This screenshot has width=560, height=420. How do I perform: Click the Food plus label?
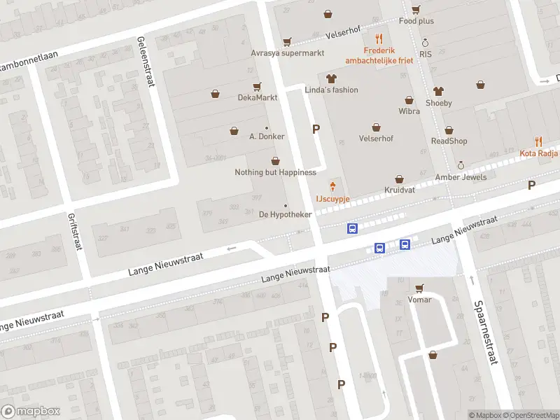tap(416, 21)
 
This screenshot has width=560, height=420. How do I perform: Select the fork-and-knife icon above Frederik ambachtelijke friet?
tap(379, 39)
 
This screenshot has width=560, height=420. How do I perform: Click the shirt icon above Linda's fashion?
tap(331, 78)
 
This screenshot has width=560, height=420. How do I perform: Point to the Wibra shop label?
tap(409, 111)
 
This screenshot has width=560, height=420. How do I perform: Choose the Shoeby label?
tap(438, 103)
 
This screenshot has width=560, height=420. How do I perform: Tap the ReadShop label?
tap(449, 141)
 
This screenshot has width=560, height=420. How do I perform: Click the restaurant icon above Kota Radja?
tap(538, 141)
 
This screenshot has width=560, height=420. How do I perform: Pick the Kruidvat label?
tap(399, 190)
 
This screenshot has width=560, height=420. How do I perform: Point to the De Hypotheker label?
tap(285, 214)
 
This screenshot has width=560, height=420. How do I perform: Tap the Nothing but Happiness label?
tap(275, 172)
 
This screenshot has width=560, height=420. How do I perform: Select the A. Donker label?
tap(267, 136)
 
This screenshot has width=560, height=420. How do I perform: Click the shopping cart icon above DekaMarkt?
tap(257, 86)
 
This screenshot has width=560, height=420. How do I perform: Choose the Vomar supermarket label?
tap(419, 300)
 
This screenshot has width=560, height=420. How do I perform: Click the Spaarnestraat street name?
tap(485, 332)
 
